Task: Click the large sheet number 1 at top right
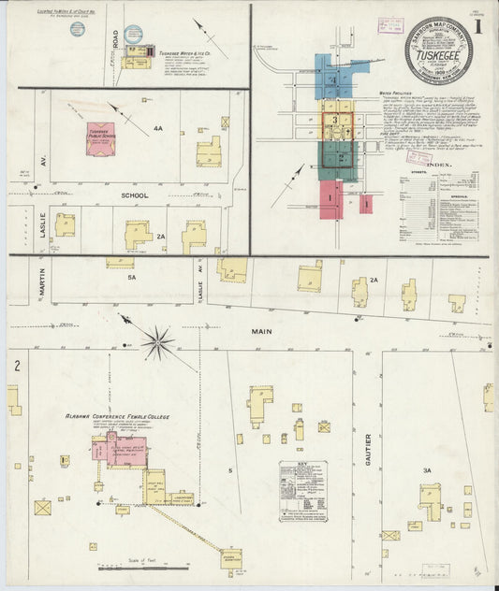click(x=478, y=26)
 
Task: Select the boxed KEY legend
click(x=302, y=490)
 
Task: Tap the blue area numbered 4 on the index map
click(x=334, y=78)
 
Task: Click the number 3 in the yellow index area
click(x=334, y=121)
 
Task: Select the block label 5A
click(x=132, y=277)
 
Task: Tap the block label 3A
click(x=426, y=470)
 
